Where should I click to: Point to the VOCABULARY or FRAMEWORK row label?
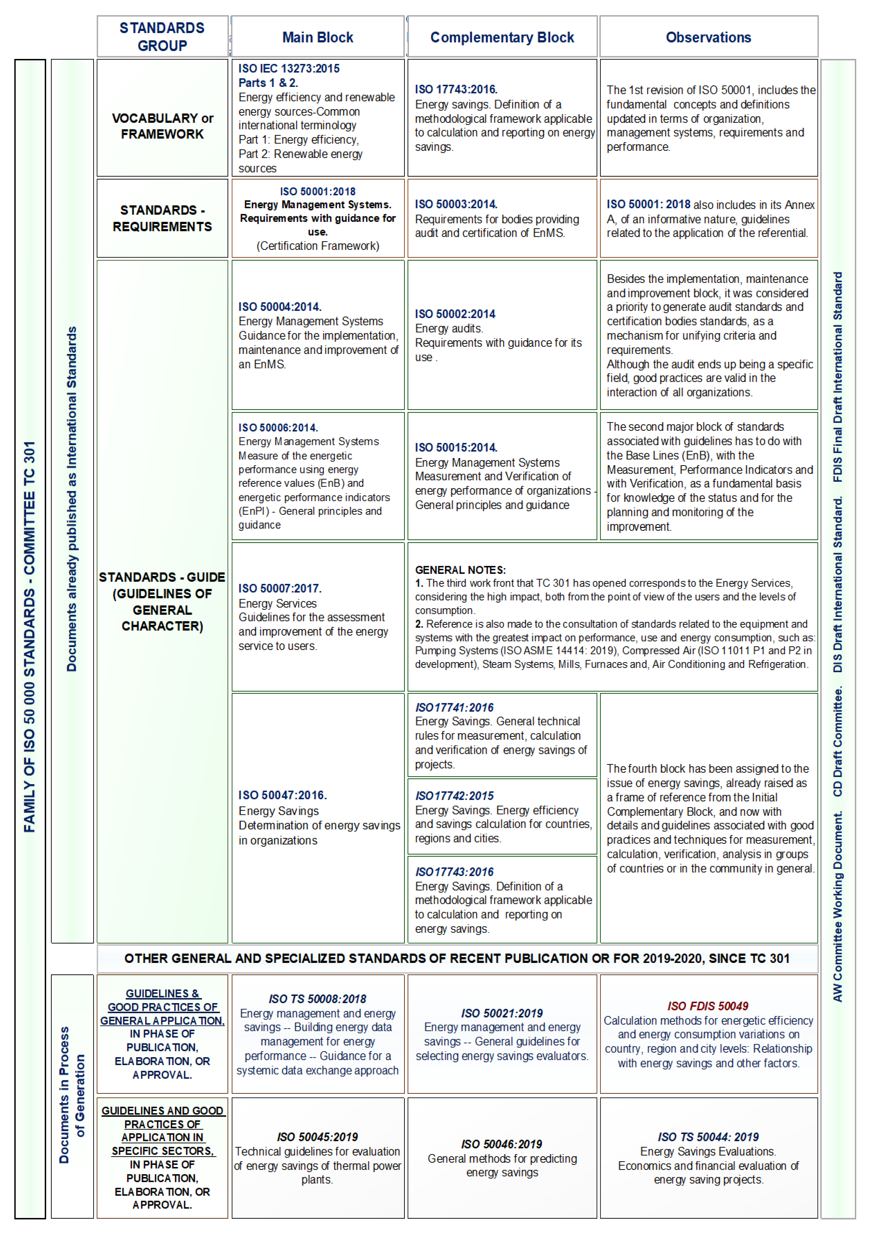[162, 126]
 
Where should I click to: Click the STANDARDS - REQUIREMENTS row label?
[162, 218]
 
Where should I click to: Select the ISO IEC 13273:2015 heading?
[289, 69]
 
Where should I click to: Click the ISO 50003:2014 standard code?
[456, 204]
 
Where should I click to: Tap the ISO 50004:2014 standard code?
[280, 307]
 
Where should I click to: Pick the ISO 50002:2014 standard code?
[455, 314]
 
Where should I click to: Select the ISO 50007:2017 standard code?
[280, 588]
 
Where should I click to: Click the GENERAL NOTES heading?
[460, 570]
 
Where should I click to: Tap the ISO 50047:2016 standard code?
[282, 795]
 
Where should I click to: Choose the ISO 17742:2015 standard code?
[454, 796]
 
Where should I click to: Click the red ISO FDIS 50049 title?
[707, 1006]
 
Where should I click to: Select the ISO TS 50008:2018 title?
[317, 999]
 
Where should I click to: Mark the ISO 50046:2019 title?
[502, 1144]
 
